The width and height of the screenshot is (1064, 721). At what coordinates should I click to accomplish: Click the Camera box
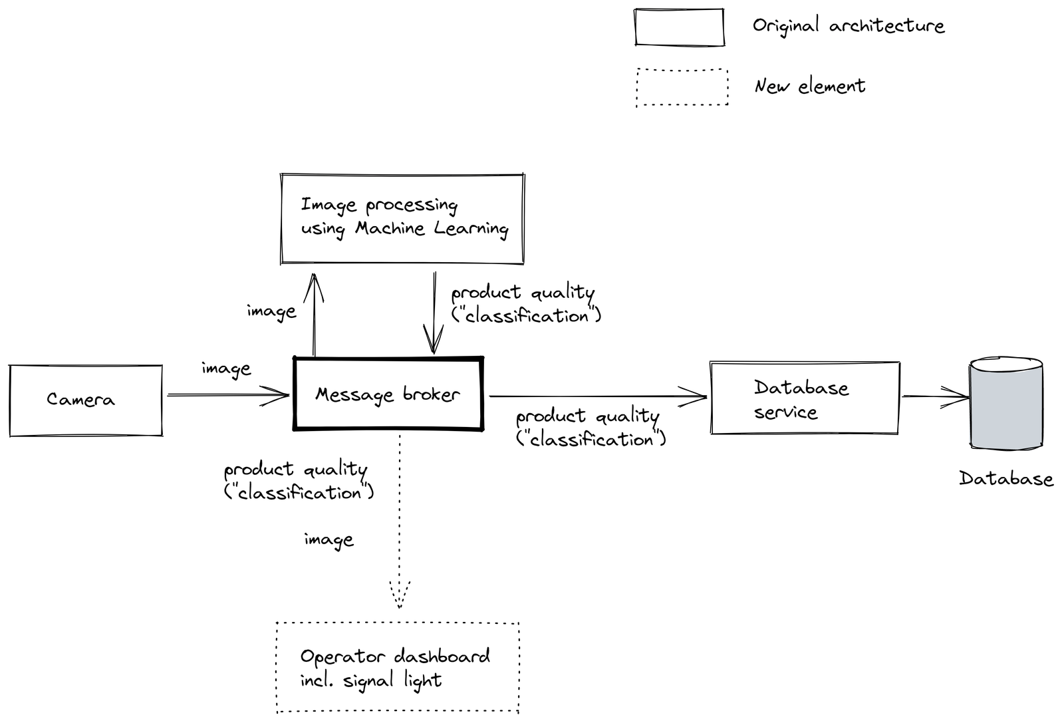tap(86, 400)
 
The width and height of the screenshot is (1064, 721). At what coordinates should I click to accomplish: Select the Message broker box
tap(388, 394)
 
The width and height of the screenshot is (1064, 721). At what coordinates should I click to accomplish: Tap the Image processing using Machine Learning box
tap(402, 219)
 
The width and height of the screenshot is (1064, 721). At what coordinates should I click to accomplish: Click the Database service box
tap(805, 398)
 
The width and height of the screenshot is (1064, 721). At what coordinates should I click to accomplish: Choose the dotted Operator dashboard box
tap(397, 668)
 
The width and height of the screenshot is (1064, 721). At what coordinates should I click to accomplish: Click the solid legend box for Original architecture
tap(679, 27)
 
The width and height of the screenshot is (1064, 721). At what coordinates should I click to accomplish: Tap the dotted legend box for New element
tap(682, 87)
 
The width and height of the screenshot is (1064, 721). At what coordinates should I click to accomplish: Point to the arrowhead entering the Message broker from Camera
tap(282, 395)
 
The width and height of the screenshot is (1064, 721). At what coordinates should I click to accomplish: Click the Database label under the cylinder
tap(1005, 479)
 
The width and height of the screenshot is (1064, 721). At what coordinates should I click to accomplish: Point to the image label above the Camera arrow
tap(226, 369)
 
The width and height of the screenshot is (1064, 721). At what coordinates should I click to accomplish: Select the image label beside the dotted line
tap(329, 540)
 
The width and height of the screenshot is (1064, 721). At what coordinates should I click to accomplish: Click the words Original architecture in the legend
tap(848, 26)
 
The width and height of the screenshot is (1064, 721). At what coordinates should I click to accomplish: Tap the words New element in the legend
tap(809, 86)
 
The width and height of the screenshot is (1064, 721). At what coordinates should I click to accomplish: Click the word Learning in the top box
tap(471, 229)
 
